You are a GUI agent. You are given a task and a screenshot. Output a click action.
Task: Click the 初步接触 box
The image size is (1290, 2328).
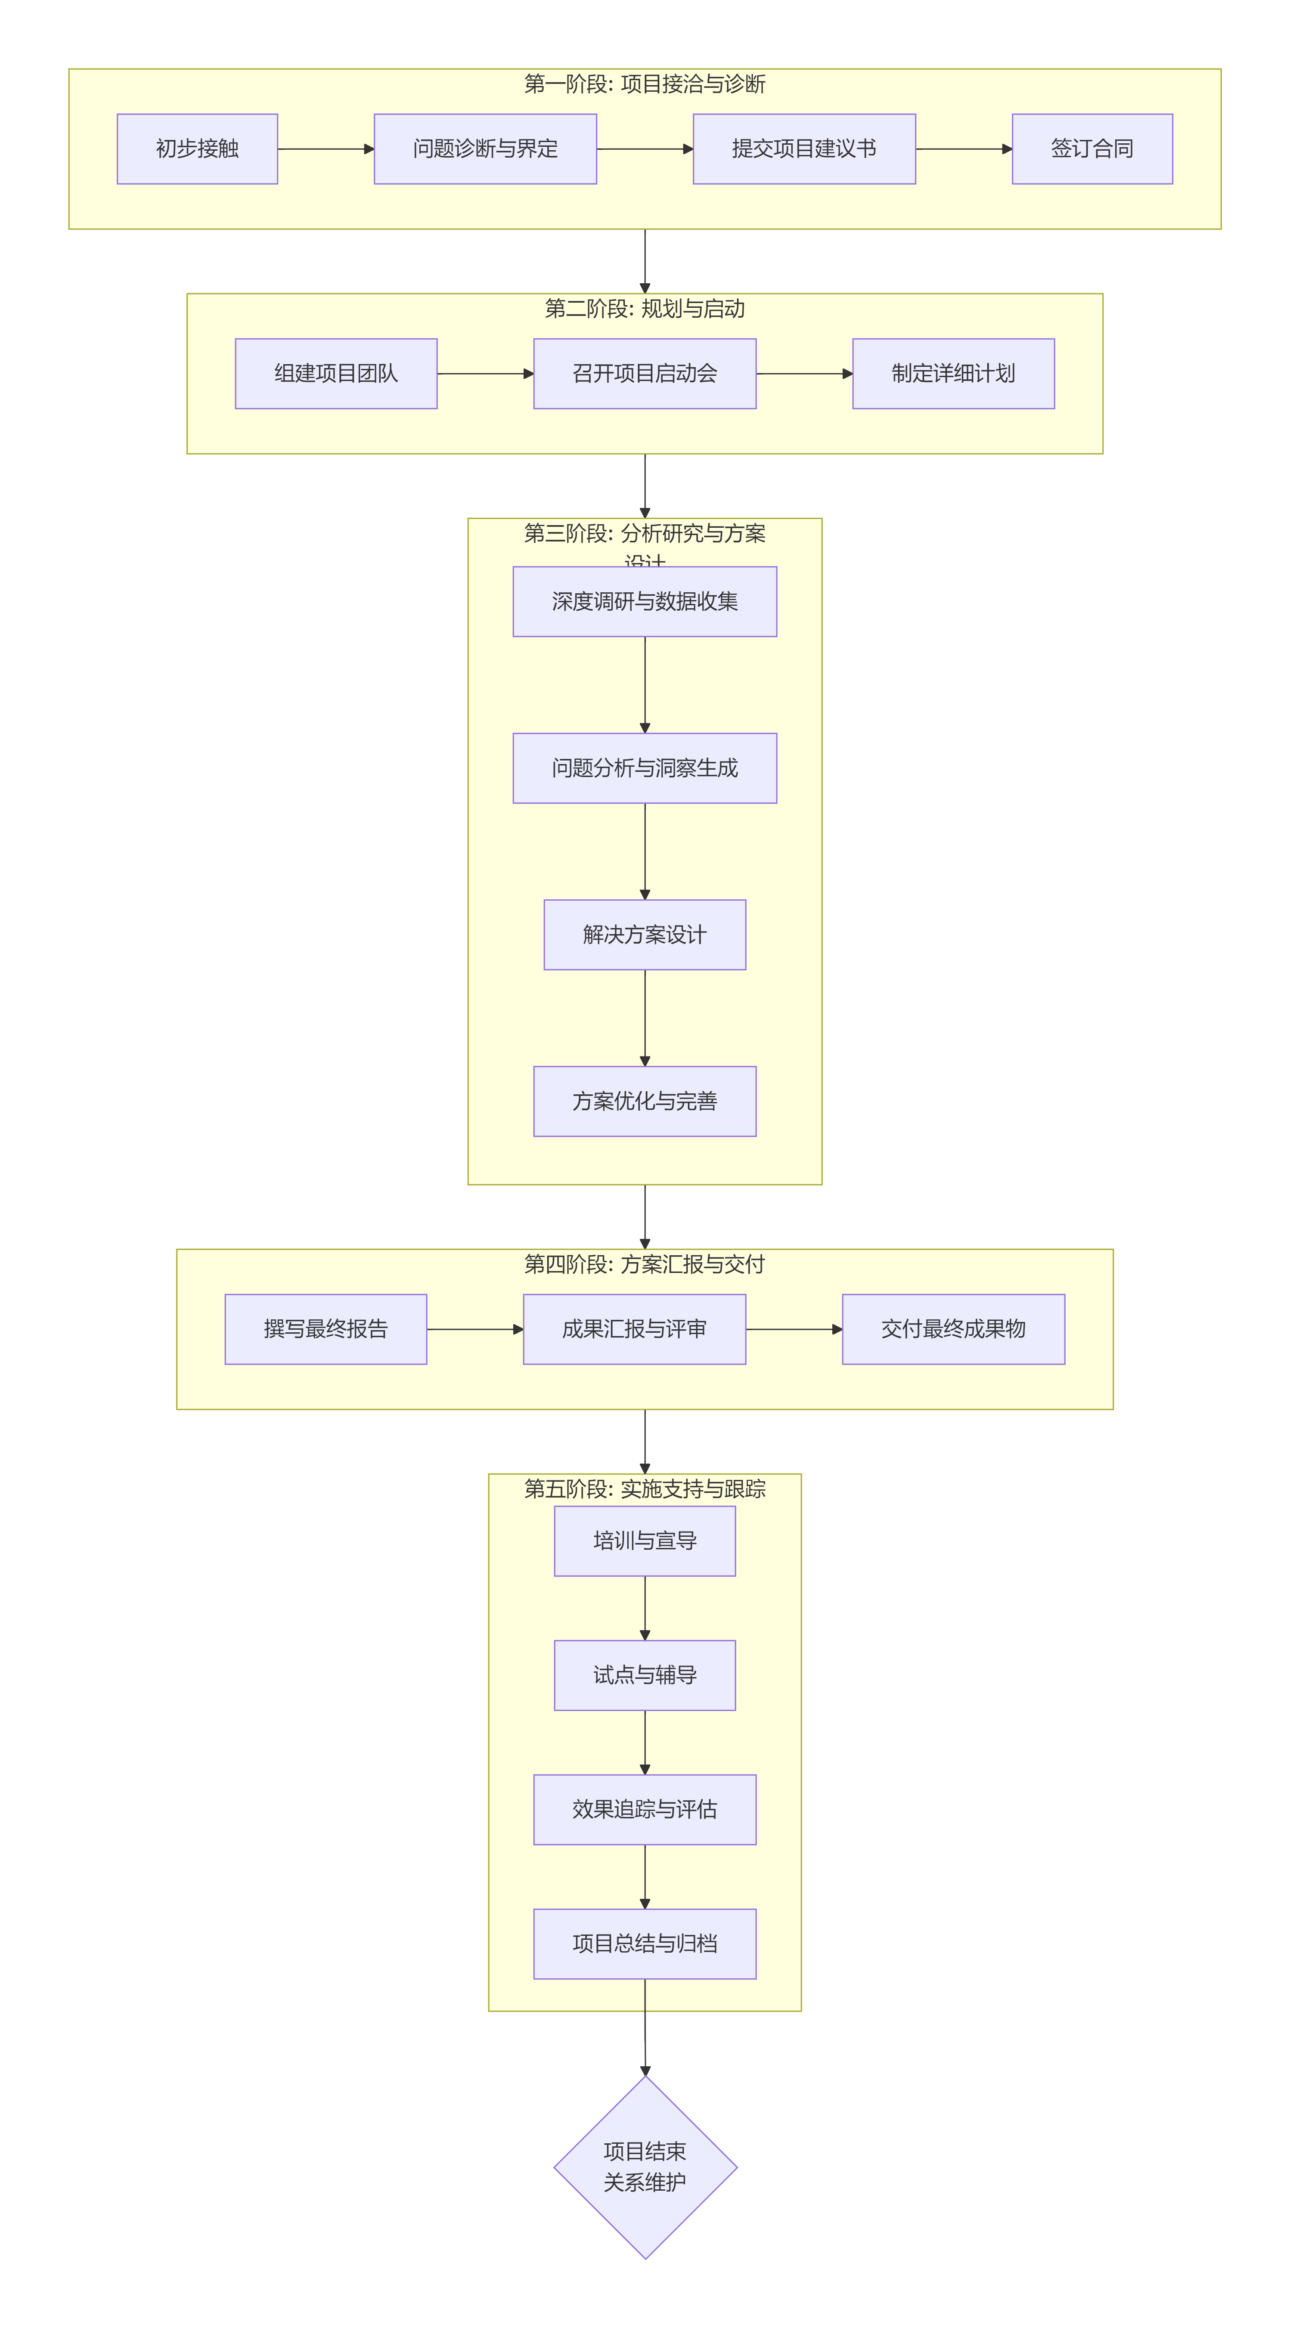pyautogui.click(x=197, y=149)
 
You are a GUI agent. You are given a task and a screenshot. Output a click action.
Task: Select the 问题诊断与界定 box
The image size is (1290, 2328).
pyautogui.click(x=485, y=149)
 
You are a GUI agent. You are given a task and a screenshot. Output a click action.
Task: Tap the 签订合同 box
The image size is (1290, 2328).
pyautogui.click(x=1092, y=149)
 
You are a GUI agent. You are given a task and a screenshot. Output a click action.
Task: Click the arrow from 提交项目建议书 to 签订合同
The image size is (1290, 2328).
pyautogui.click(x=964, y=149)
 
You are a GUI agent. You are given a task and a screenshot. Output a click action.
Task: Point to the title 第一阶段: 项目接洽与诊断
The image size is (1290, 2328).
pyautogui.click(x=645, y=84)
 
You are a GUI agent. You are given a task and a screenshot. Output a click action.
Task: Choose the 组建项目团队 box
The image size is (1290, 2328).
pyautogui.click(x=336, y=373)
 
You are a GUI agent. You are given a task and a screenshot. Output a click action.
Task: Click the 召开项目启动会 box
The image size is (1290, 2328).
pyautogui.click(x=645, y=373)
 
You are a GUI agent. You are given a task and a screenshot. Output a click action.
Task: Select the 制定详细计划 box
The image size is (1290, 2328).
pyautogui.click(x=954, y=373)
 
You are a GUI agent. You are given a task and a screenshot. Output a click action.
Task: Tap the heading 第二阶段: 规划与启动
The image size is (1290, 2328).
pyautogui.click(x=645, y=309)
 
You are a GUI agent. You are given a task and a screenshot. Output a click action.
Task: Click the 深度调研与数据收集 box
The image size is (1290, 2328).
pyautogui.click(x=645, y=602)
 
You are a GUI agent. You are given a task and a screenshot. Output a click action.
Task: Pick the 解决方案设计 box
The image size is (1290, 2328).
pyautogui.click(x=645, y=935)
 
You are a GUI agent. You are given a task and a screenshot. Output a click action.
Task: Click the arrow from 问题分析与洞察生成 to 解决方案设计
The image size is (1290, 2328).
pyautogui.click(x=645, y=851)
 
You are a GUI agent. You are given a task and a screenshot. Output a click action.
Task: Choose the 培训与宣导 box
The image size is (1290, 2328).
pyautogui.click(x=645, y=1541)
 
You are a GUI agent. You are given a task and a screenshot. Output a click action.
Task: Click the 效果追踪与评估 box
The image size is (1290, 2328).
pyautogui.click(x=645, y=1809)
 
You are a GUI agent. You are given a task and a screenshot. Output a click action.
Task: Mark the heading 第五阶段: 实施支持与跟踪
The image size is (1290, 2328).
pyautogui.click(x=645, y=1489)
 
